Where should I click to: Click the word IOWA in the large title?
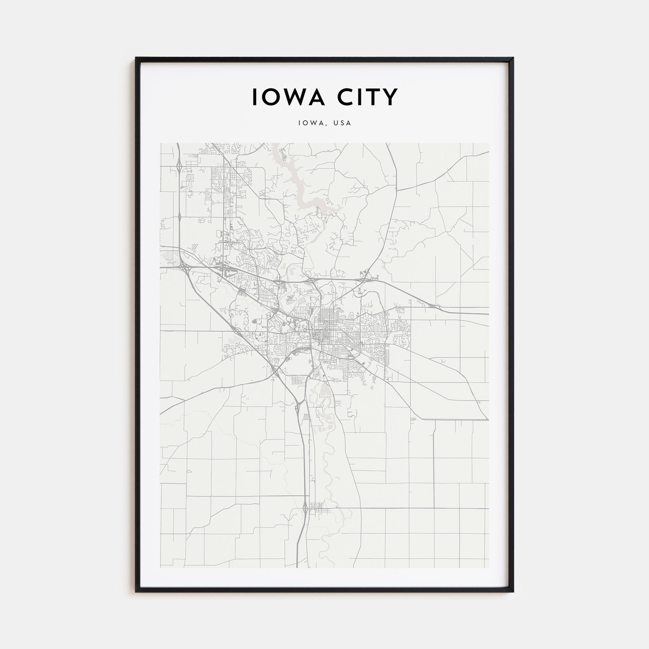point(288,97)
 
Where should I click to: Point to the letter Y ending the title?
point(390,97)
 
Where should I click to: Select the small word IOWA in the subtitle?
point(311,123)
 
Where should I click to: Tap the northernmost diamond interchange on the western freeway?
point(179,166)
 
